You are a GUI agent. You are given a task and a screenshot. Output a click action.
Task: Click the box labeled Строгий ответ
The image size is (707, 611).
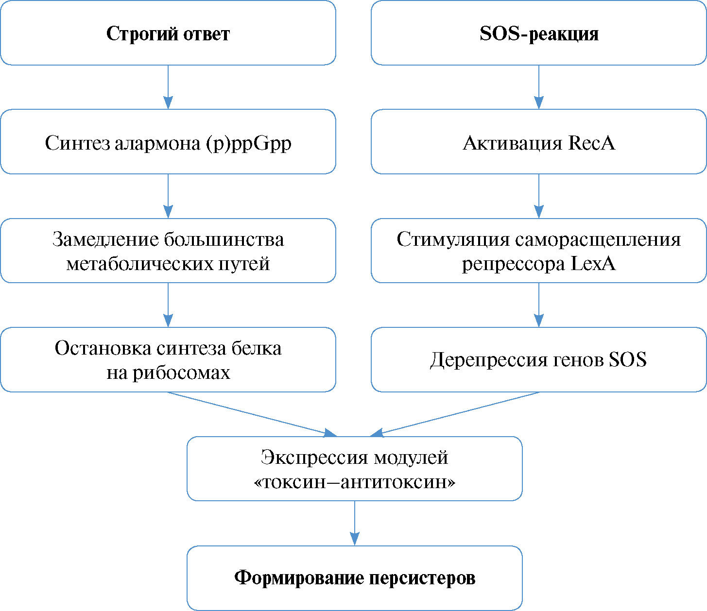click(168, 33)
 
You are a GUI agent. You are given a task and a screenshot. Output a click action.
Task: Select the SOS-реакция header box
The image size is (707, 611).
click(538, 33)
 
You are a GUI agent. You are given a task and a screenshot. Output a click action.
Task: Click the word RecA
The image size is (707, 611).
click(591, 143)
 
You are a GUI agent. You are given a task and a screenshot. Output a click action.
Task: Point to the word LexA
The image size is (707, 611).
click(593, 264)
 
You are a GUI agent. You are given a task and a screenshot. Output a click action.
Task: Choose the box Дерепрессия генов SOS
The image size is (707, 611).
click(538, 360)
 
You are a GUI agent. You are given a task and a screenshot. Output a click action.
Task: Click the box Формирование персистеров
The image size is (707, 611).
click(354, 578)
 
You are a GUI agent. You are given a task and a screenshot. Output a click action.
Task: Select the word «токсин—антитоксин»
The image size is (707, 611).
click(354, 482)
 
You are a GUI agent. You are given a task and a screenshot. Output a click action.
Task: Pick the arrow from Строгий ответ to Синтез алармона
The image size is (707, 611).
click(168, 87)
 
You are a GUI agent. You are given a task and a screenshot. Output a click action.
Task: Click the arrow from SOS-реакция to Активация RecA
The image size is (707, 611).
click(538, 87)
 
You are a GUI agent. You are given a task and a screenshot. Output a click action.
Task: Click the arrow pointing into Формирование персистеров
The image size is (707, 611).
click(355, 524)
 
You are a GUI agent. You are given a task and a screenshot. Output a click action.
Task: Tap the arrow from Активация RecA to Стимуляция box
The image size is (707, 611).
click(538, 196)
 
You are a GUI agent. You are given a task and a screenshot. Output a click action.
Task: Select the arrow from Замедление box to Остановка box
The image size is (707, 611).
click(168, 305)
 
